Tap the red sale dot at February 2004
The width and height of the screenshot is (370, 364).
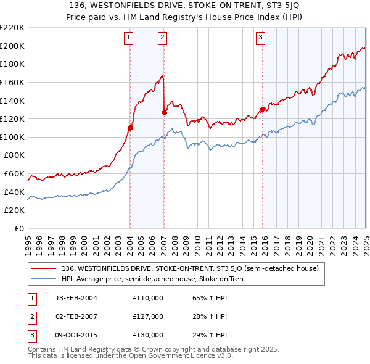point(130,128)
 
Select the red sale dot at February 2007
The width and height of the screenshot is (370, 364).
point(164,112)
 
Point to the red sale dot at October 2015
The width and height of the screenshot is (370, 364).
point(262,109)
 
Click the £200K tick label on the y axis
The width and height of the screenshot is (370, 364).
point(13,46)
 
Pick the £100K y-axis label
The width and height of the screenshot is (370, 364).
point(13,137)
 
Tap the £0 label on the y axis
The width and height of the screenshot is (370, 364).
point(18,228)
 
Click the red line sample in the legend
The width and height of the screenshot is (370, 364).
point(43,268)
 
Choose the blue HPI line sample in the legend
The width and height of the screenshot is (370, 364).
point(43,279)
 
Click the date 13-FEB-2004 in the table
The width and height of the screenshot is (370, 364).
point(76,298)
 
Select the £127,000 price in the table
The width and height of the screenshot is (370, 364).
point(148,316)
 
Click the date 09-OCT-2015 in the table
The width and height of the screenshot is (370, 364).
point(76,335)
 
